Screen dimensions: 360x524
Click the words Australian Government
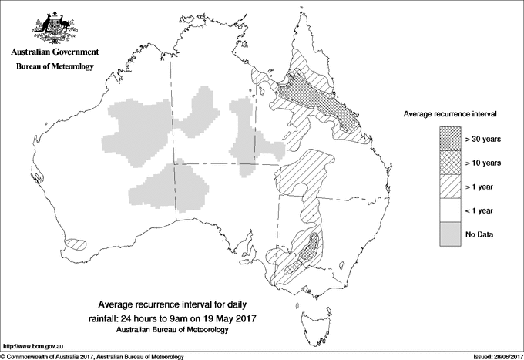(54, 52)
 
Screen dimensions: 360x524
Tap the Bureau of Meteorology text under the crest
(54, 67)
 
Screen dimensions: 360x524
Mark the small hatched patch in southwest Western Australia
(75, 244)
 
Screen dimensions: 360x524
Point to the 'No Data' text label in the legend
(479, 233)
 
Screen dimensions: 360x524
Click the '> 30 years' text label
(483, 140)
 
